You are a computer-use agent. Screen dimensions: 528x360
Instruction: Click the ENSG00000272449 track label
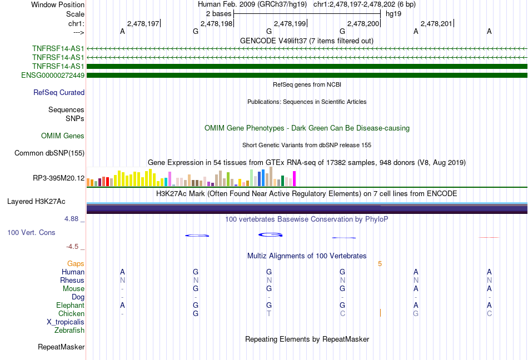53,76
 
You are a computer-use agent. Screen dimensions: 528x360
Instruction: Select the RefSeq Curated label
59,93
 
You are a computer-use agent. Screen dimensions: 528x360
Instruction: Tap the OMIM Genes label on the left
63,136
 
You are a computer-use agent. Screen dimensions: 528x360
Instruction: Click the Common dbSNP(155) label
49,153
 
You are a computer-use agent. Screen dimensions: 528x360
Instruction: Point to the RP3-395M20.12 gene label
58,178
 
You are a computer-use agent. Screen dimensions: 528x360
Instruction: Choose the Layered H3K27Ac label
36,202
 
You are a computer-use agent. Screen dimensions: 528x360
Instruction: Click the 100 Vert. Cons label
31,232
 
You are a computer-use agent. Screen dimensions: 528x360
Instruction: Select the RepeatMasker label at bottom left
61,347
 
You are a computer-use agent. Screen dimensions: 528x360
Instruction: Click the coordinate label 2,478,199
290,23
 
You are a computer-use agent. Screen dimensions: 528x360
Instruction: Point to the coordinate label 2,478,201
436,23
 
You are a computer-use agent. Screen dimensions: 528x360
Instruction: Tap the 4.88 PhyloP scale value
71,219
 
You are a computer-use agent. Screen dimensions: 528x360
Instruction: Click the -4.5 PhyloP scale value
72,247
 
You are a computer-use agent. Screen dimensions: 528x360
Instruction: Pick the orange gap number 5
380,264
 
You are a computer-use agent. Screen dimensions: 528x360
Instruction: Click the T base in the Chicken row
268,313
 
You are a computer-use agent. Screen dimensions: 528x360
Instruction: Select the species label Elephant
70,305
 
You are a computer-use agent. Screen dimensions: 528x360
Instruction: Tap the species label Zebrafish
69,331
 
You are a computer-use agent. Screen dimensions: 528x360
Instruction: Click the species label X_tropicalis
66,322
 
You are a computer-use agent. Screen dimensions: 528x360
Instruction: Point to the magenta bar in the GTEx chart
295,179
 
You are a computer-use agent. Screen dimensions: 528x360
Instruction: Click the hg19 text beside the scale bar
393,14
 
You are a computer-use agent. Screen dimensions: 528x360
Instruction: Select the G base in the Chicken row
196,313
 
